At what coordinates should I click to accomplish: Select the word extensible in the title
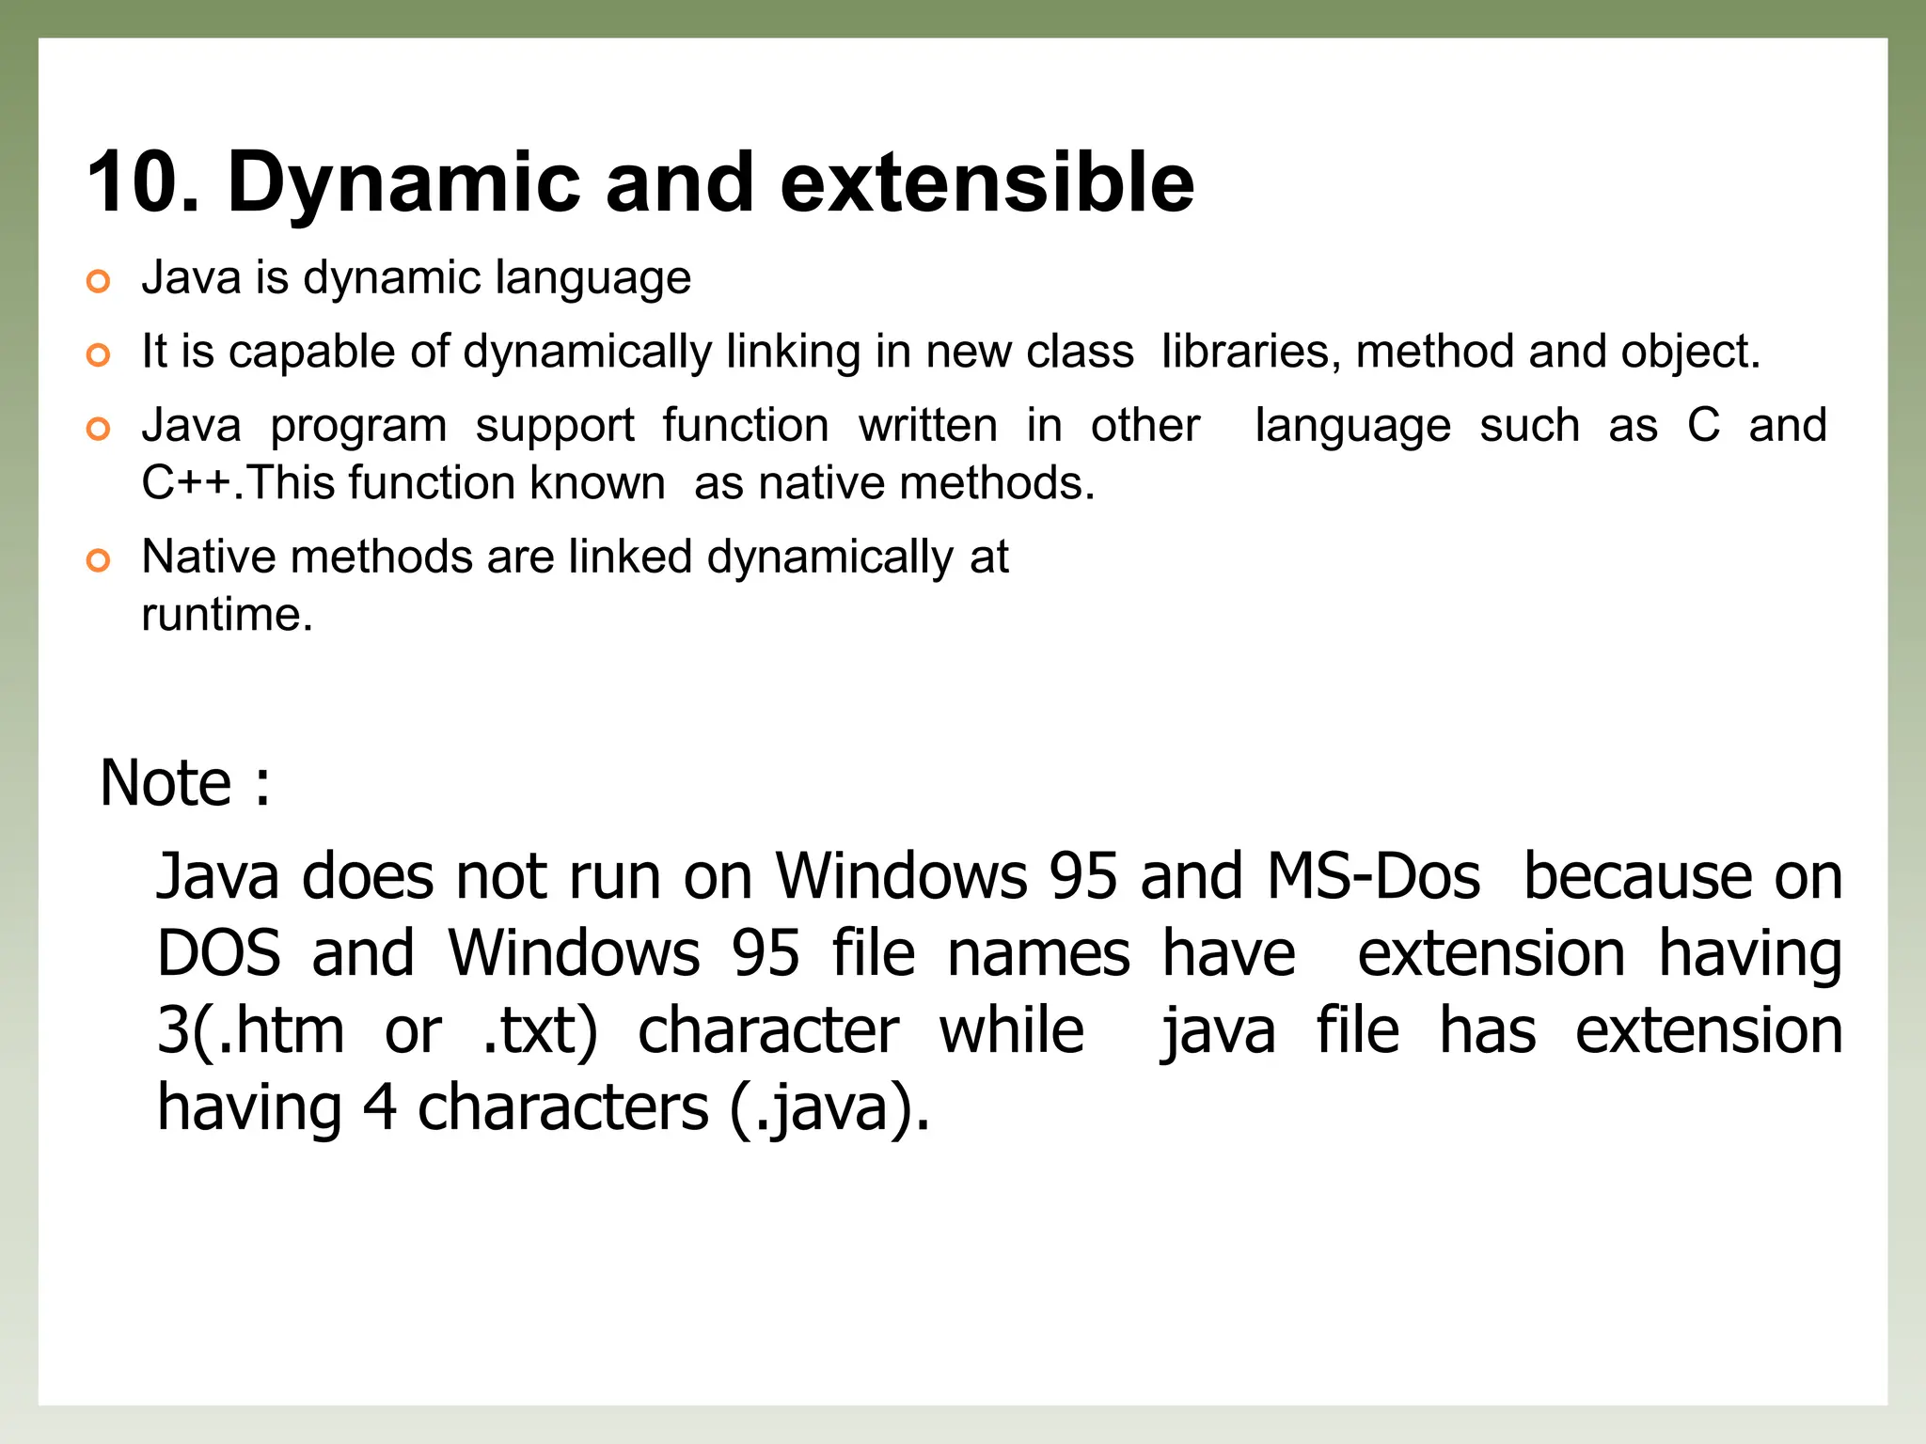(x=987, y=182)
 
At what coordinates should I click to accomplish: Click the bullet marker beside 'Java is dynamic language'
(x=98, y=281)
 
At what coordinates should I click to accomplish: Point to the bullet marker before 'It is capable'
(x=98, y=355)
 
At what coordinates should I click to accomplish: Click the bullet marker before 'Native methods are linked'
(x=98, y=561)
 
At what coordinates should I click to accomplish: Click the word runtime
(x=227, y=615)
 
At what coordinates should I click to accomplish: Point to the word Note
(x=166, y=783)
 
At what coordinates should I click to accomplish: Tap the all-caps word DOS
(x=218, y=953)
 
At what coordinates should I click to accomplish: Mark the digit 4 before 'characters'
(x=379, y=1107)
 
